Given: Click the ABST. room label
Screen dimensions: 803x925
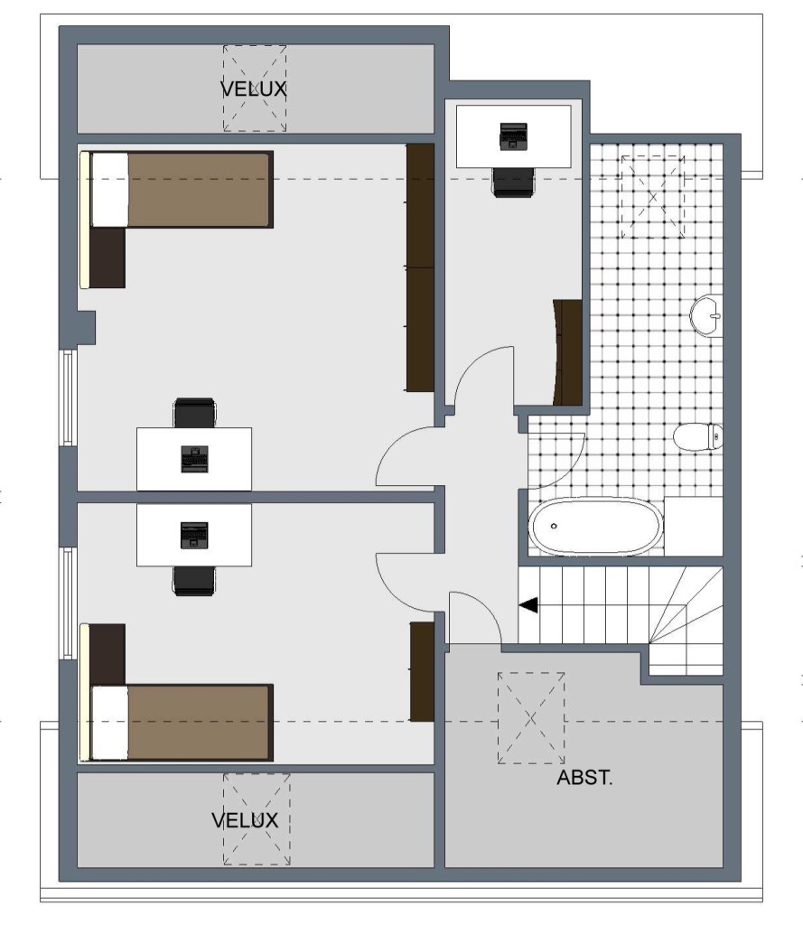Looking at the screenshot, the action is (x=584, y=778).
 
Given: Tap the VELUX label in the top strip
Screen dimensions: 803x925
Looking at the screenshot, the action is (x=254, y=89).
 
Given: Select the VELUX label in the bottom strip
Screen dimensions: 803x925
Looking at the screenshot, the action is (x=245, y=820).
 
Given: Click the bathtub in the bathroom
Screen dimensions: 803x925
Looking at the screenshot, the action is (x=596, y=527).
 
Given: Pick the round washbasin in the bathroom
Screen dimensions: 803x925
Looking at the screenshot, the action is (x=706, y=315).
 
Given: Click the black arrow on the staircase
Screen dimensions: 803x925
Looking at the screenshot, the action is (x=528, y=605).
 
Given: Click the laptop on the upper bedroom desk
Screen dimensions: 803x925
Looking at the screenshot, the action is (x=195, y=460).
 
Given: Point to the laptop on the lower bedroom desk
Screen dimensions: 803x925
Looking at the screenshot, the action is (x=194, y=535).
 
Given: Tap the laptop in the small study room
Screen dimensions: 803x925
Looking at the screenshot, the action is (x=513, y=136).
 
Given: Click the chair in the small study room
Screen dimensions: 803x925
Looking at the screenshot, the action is (x=513, y=182).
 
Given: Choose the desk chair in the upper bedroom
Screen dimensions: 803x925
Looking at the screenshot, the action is (x=195, y=413).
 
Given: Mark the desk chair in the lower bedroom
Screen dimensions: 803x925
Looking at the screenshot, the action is (x=194, y=581).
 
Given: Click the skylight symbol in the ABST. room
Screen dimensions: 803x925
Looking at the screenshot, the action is (x=531, y=718).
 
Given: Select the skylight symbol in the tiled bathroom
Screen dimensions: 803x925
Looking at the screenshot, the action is (x=652, y=197).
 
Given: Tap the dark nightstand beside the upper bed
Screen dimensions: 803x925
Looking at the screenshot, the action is (x=107, y=257).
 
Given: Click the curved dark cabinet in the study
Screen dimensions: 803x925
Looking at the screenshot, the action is (x=567, y=352).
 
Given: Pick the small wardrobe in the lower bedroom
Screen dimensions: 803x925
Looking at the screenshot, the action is (x=422, y=671).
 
